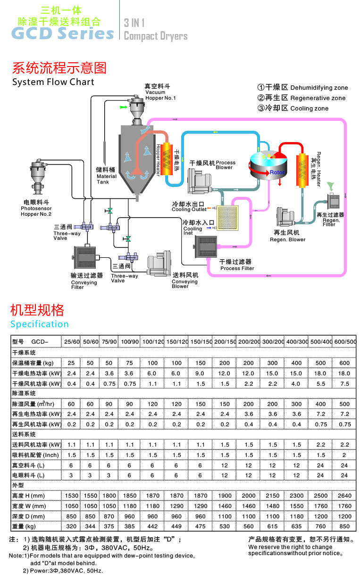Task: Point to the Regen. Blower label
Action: (x=287, y=237)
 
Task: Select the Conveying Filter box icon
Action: (x=85, y=257)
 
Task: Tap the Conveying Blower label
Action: (x=185, y=281)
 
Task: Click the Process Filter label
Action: (x=237, y=265)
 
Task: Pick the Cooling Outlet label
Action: (x=188, y=207)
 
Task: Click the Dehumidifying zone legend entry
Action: (x=302, y=87)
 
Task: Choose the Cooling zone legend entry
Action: (x=293, y=108)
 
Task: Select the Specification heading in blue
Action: (x=40, y=324)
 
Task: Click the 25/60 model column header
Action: (x=72, y=341)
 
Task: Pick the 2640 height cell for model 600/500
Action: (x=344, y=495)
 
